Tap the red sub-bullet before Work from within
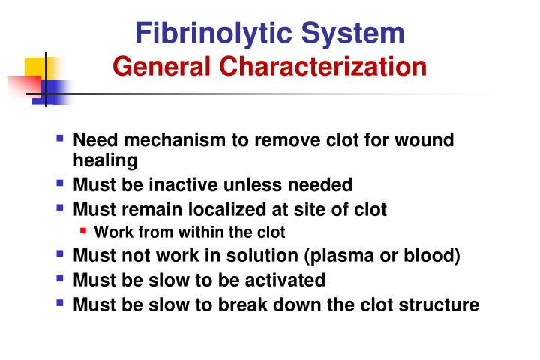(85, 232)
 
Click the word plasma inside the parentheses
(340, 256)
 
